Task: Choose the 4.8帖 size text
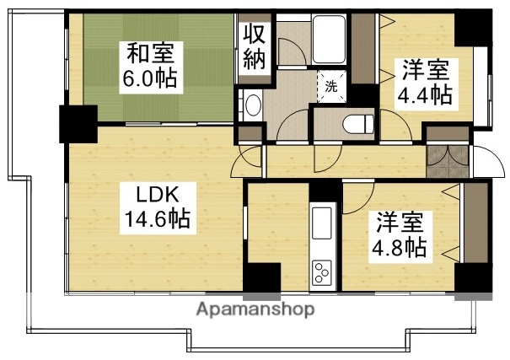click(x=400, y=249)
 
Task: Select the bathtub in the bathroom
click(x=328, y=40)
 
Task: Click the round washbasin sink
click(x=253, y=106)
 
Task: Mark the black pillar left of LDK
click(x=77, y=125)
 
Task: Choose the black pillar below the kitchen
click(x=261, y=279)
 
